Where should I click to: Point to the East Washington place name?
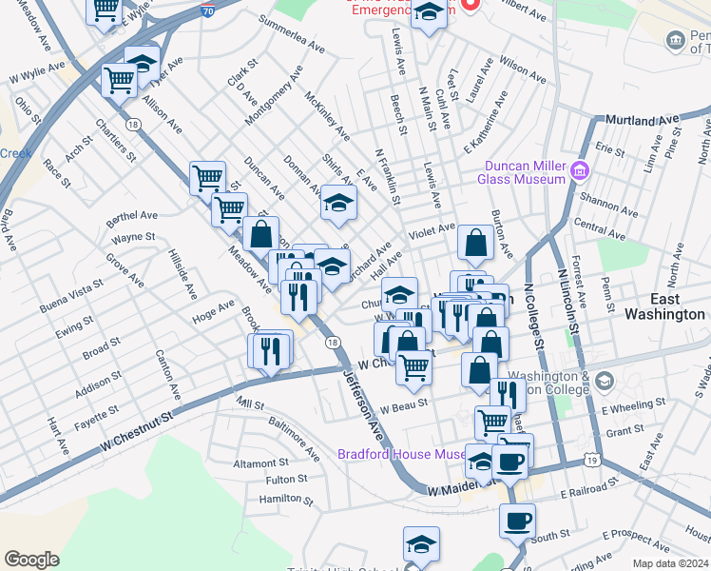pos(664,305)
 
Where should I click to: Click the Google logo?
pos(31,559)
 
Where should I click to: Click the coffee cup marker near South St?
pos(518,522)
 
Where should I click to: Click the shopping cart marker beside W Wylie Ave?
pos(120,81)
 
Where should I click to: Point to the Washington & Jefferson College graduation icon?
pos(604,384)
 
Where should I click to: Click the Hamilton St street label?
pos(280,499)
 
